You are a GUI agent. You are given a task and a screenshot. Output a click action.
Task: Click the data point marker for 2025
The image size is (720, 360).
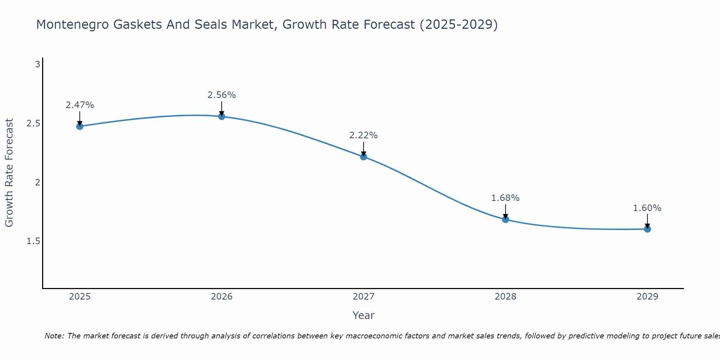pyautogui.click(x=80, y=126)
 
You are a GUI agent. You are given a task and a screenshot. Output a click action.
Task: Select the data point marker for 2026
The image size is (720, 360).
pyautogui.click(x=222, y=116)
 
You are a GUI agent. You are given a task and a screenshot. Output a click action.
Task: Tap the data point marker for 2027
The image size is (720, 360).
pyautogui.click(x=364, y=157)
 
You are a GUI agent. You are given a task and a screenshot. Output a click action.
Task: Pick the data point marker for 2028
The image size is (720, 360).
pyautogui.click(x=505, y=219)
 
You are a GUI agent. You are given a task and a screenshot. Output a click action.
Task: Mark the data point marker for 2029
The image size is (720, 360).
pyautogui.click(x=647, y=229)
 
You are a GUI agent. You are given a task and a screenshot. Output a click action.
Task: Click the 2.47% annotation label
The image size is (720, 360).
pyautogui.click(x=80, y=105)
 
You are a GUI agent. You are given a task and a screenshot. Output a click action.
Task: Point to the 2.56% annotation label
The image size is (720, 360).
pyautogui.click(x=222, y=95)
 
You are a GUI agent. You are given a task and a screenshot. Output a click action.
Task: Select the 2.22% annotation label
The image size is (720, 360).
pyautogui.click(x=364, y=135)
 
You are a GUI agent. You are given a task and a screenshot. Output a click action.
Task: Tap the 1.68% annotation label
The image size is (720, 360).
pyautogui.click(x=505, y=198)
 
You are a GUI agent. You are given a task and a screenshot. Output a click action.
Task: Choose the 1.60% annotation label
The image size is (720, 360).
pyautogui.click(x=647, y=208)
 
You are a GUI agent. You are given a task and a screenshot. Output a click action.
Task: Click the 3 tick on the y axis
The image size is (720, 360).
pyautogui.click(x=37, y=64)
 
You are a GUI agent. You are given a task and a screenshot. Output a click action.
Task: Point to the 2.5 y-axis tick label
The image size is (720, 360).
pyautogui.click(x=33, y=123)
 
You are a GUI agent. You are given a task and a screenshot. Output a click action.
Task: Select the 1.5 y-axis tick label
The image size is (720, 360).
pyautogui.click(x=33, y=241)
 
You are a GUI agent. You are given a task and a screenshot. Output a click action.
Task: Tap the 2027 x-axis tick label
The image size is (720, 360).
pyautogui.click(x=364, y=297)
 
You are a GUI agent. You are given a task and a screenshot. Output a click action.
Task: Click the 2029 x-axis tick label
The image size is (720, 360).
pyautogui.click(x=647, y=297)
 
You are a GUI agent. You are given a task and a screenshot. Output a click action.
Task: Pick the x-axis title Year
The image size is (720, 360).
pyautogui.click(x=364, y=315)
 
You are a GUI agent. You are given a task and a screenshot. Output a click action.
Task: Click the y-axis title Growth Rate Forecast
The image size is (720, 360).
pyautogui.click(x=9, y=173)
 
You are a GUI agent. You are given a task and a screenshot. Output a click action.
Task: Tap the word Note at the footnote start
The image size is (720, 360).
pyautogui.click(x=54, y=336)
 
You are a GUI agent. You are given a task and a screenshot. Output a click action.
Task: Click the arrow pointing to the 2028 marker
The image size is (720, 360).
pyautogui.click(x=505, y=212)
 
